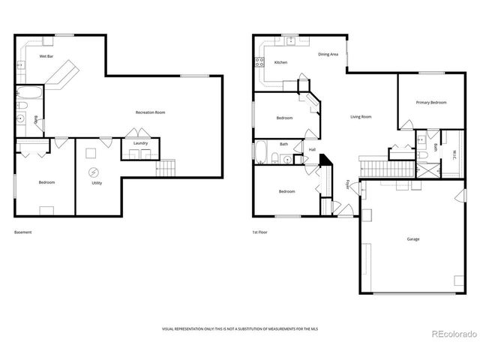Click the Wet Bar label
point(46,56)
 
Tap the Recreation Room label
point(150,112)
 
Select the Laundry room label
point(140,142)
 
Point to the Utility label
point(96,183)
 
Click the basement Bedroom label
point(46,182)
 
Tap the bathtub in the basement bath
point(30,94)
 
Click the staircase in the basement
point(166,169)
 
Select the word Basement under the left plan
point(23,232)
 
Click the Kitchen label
point(280,62)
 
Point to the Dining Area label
point(328,54)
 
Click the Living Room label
point(361,116)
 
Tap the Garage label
point(412,239)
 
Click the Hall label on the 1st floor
point(312,149)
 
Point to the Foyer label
point(347,184)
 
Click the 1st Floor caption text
point(259,232)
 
